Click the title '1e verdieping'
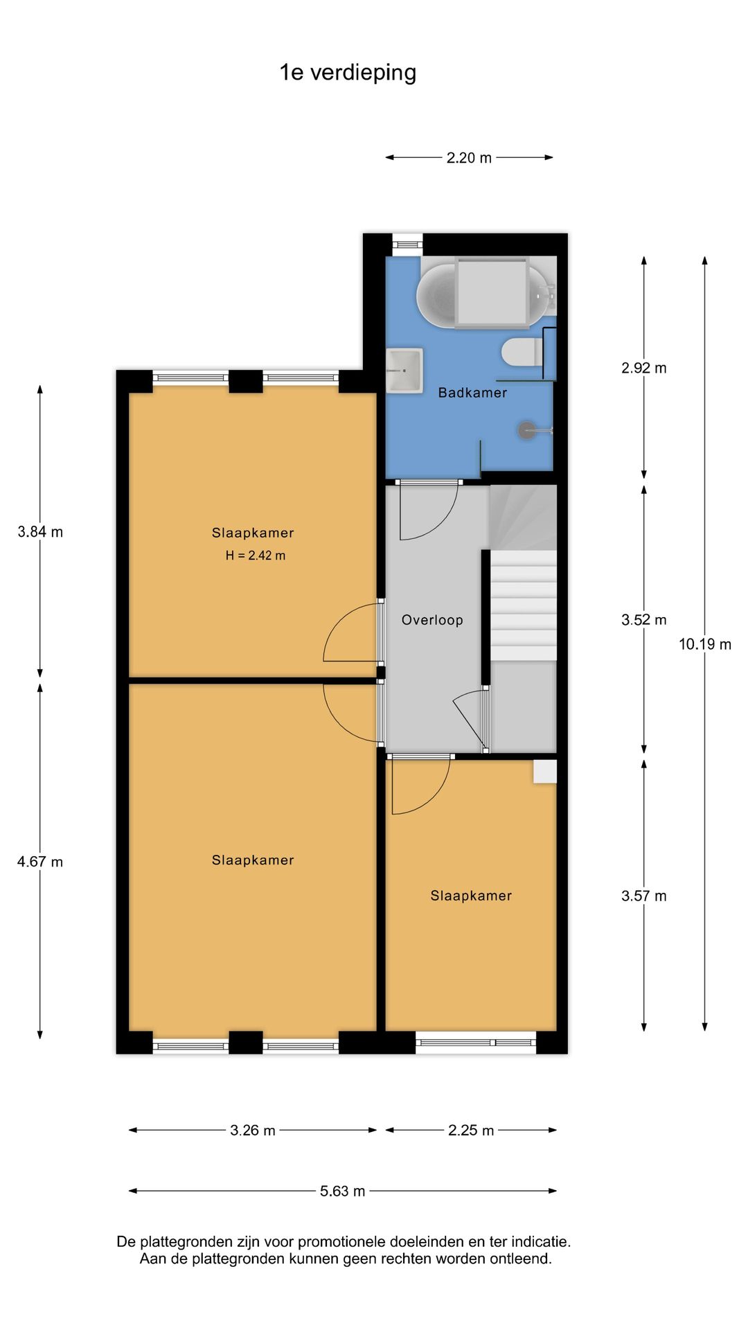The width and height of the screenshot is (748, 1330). point(348,73)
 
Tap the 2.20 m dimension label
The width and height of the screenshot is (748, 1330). point(469,158)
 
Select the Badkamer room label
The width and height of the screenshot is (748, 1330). point(472,393)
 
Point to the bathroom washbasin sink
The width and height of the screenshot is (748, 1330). point(404,371)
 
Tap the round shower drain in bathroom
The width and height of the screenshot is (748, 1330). point(526,430)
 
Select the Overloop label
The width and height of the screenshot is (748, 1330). point(432,620)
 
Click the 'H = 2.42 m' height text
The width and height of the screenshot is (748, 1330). point(255,556)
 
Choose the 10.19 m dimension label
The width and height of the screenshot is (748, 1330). point(704,644)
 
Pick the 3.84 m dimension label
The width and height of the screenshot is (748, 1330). point(40,532)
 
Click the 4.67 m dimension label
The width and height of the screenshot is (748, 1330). point(40,862)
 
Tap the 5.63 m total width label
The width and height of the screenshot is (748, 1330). point(342,1191)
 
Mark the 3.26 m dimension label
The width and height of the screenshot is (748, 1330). point(253,1130)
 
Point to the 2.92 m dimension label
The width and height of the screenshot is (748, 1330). point(643,368)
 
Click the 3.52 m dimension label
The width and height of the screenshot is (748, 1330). point(643,620)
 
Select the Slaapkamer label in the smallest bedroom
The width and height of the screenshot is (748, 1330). point(471,896)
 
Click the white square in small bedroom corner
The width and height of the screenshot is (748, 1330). point(544,772)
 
